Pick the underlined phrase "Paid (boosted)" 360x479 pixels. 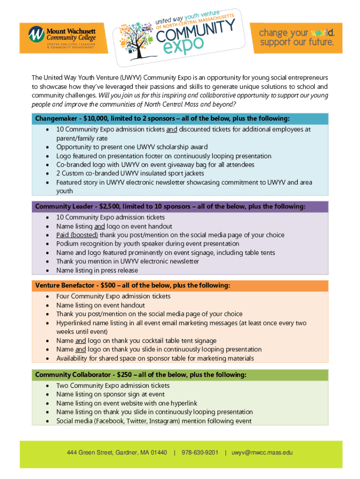[77, 235]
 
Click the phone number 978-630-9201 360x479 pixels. [200, 452]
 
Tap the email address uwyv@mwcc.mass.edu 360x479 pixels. [262, 452]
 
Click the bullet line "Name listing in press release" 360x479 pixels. [97, 270]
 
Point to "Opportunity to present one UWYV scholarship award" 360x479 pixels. [132, 147]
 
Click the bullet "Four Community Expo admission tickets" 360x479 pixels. [113, 296]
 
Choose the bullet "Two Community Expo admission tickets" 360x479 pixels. [113, 385]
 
